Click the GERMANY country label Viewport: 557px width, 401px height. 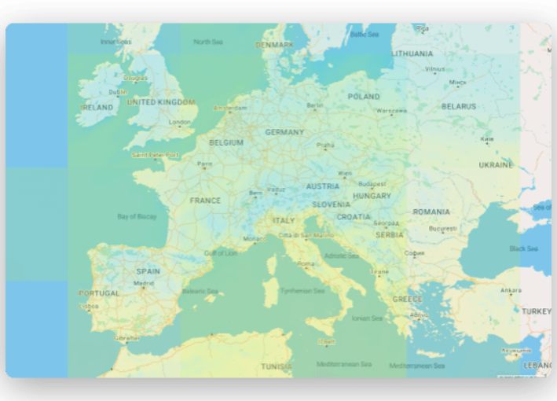point(284,132)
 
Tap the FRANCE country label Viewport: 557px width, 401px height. point(205,200)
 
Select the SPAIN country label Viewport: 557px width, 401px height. point(148,271)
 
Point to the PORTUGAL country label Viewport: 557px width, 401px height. point(99,293)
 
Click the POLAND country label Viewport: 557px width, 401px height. point(364,97)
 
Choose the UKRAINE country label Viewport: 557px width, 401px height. point(496,165)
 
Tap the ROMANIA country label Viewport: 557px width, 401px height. point(431,212)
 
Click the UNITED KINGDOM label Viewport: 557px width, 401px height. point(161,102)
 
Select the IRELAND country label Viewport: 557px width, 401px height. point(97,108)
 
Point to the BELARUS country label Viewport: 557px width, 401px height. point(458,106)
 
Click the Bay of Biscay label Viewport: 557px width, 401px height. point(137,216)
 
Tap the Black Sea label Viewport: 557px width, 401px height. point(523,248)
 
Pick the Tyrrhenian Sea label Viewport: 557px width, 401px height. point(302,291)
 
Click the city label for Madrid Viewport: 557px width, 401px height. point(144,283)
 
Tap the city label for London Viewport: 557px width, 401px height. point(180,122)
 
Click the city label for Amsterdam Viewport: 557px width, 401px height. point(230,108)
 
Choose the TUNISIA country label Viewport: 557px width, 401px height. point(277,366)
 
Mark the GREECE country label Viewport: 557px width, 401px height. point(408,299)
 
